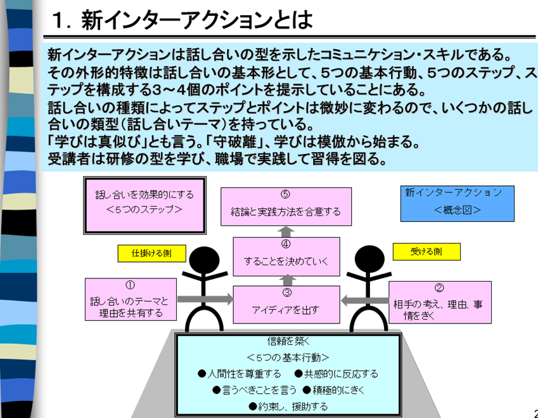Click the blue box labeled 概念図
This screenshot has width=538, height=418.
[x=457, y=202]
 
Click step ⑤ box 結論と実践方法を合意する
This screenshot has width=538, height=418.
[x=286, y=206]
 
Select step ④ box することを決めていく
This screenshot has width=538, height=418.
[x=286, y=256]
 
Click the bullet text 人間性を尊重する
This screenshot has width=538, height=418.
[x=244, y=374]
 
